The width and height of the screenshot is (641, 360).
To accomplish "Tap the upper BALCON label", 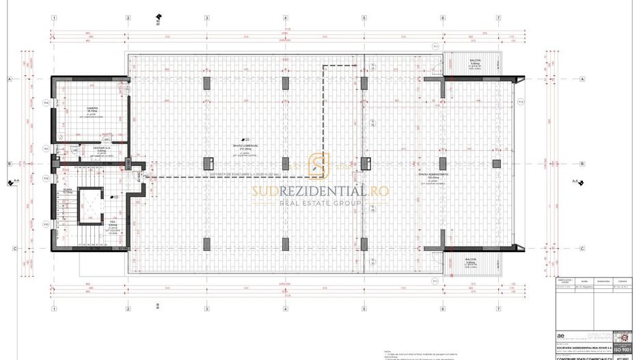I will tap(475, 60).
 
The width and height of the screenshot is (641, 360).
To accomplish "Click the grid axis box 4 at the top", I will tap(285, 18).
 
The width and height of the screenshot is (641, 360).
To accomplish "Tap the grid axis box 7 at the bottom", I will tap(498, 307).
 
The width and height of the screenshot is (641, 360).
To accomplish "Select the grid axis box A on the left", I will tap(10, 79).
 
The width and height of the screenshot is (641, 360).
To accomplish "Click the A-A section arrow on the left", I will tap(12, 182).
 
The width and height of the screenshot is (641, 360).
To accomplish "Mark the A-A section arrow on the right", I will tap(576, 182).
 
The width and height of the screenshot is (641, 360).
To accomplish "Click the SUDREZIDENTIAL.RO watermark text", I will tap(320, 191).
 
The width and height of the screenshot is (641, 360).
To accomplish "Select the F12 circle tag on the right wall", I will tap(521, 102).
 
